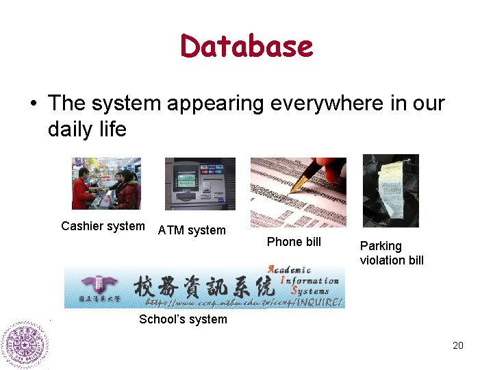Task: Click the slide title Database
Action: pyautogui.click(x=246, y=47)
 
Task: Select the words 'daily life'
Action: pyautogui.click(x=87, y=129)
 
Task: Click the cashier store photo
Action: pyautogui.click(x=106, y=183)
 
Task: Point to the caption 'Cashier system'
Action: pyautogui.click(x=103, y=226)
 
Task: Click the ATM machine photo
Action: pyautogui.click(x=200, y=184)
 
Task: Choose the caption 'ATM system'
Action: pyautogui.click(x=192, y=230)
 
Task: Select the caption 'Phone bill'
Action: pyautogui.click(x=294, y=241)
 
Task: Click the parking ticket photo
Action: pyautogui.click(x=390, y=190)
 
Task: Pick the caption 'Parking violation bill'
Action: pyautogui.click(x=392, y=253)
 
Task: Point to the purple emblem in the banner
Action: pyautogui.click(x=93, y=284)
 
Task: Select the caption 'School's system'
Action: pyautogui.click(x=183, y=319)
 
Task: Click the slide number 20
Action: pyautogui.click(x=457, y=345)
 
